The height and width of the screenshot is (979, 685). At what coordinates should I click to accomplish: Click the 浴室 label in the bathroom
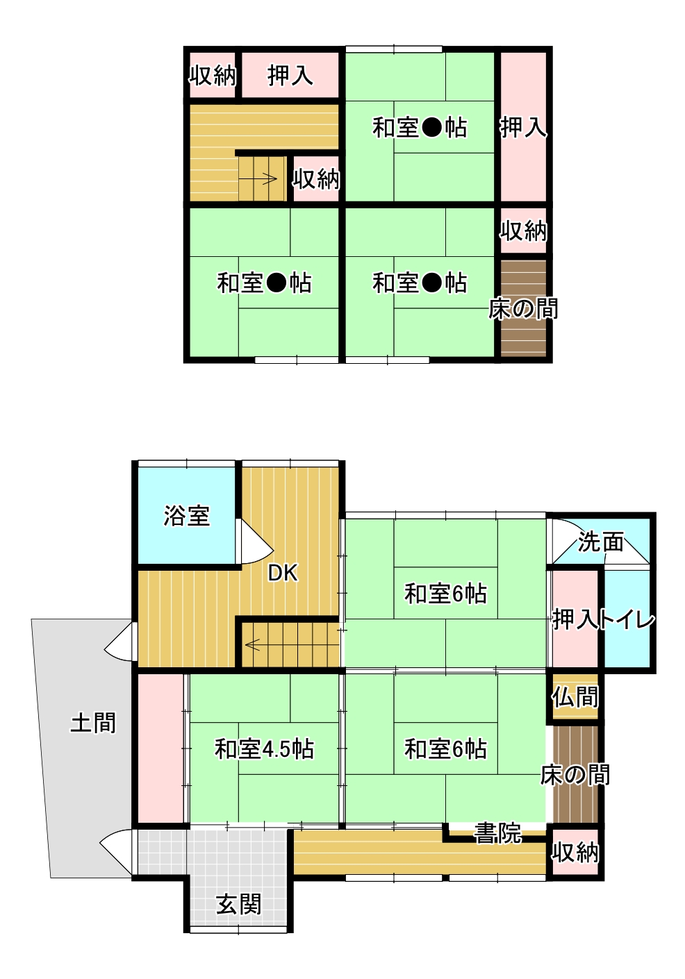tap(187, 516)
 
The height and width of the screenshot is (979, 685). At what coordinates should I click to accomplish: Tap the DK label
tap(283, 573)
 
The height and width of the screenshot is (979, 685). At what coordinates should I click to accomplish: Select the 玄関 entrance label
tap(239, 904)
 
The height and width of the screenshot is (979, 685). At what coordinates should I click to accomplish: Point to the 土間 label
tap(93, 723)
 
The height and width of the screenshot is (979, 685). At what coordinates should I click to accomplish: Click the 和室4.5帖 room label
tap(264, 748)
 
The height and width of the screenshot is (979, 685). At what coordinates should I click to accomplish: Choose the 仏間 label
tap(575, 696)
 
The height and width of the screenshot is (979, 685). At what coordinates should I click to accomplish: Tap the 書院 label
tap(498, 833)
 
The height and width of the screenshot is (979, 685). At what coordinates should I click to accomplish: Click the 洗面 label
tap(600, 542)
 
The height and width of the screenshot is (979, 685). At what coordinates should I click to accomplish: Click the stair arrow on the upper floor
tap(258, 178)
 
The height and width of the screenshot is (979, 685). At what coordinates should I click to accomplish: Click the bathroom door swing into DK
tap(254, 542)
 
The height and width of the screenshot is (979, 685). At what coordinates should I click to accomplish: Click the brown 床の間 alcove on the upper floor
tap(523, 308)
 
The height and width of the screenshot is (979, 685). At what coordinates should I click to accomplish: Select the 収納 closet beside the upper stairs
tap(316, 178)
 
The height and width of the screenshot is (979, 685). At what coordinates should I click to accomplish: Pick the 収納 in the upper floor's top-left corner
tap(213, 75)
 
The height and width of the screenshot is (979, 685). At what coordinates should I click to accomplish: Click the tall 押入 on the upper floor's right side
tap(524, 127)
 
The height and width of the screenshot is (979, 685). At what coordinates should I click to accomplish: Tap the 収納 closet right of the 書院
tap(575, 852)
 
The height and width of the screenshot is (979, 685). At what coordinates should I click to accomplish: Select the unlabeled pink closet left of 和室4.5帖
tap(160, 748)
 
